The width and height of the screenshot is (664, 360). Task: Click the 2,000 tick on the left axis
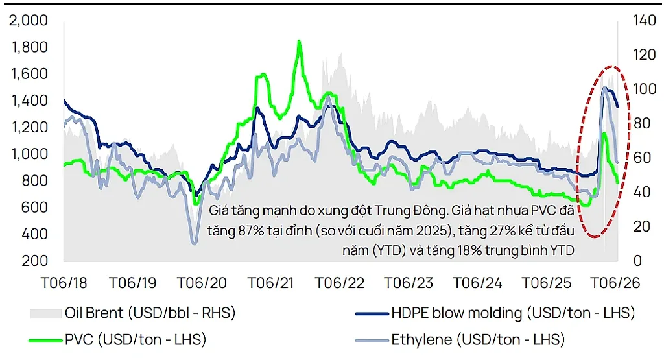pyautogui.click(x=29, y=20)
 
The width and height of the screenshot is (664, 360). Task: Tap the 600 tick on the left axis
pyautogui.click(x=35, y=207)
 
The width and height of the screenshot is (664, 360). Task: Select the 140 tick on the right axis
pyautogui.click(x=645, y=20)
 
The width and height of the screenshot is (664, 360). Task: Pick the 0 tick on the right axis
pyautogui.click(x=638, y=261)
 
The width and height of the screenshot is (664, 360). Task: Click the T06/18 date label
pyautogui.click(x=64, y=283)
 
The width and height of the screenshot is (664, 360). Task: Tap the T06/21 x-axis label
pyautogui.click(x=270, y=283)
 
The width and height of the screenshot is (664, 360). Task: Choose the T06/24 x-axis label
pyautogui.click(x=478, y=283)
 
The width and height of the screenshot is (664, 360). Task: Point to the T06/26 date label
pyautogui.click(x=615, y=283)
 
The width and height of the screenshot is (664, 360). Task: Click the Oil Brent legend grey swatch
pyautogui.click(x=45, y=313)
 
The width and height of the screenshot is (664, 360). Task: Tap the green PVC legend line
pyautogui.click(x=45, y=340)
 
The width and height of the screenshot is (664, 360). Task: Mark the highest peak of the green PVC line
pyautogui.click(x=299, y=42)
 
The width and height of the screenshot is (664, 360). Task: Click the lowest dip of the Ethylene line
pyautogui.click(x=195, y=243)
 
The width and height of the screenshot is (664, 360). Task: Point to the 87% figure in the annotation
pyautogui.click(x=250, y=230)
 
